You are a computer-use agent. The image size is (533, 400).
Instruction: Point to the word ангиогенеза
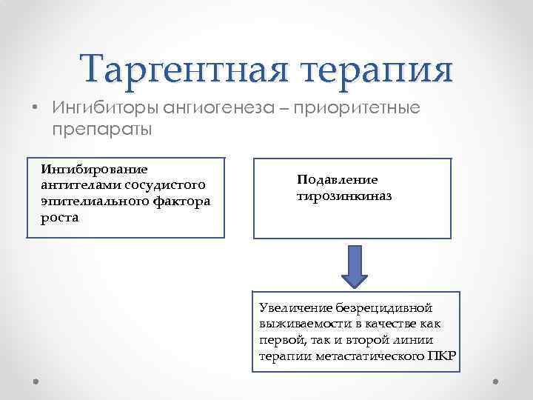pyautogui.click(x=224, y=108)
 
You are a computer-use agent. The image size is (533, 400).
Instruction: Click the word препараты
pyautogui.click(x=102, y=130)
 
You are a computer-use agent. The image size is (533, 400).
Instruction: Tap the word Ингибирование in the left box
pyautogui.click(x=95, y=171)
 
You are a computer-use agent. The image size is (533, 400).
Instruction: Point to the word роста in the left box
pyautogui.click(x=60, y=217)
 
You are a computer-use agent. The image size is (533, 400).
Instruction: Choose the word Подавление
pyautogui.click(x=338, y=179)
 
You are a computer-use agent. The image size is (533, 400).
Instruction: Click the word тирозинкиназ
pyautogui.click(x=344, y=197)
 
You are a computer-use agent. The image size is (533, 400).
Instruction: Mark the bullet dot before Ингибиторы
pyautogui.click(x=36, y=108)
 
